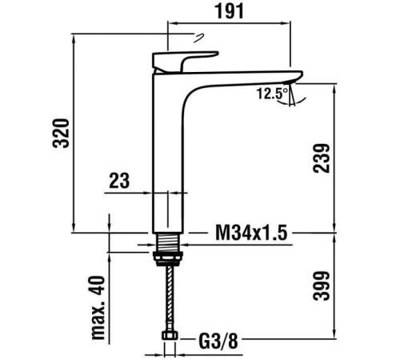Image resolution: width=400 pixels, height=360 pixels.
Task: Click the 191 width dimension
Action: (229, 12)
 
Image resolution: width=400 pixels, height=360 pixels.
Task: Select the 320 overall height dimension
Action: (61, 134)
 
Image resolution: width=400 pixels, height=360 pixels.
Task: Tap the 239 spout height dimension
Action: (322, 158)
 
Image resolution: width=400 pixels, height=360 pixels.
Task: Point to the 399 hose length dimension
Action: (322, 286)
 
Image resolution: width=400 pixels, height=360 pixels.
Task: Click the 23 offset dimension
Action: (119, 181)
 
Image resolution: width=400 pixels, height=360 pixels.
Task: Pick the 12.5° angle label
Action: (272, 94)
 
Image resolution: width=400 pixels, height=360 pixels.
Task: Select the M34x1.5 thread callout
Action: (251, 233)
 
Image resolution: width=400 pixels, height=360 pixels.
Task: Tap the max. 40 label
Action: (98, 307)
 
